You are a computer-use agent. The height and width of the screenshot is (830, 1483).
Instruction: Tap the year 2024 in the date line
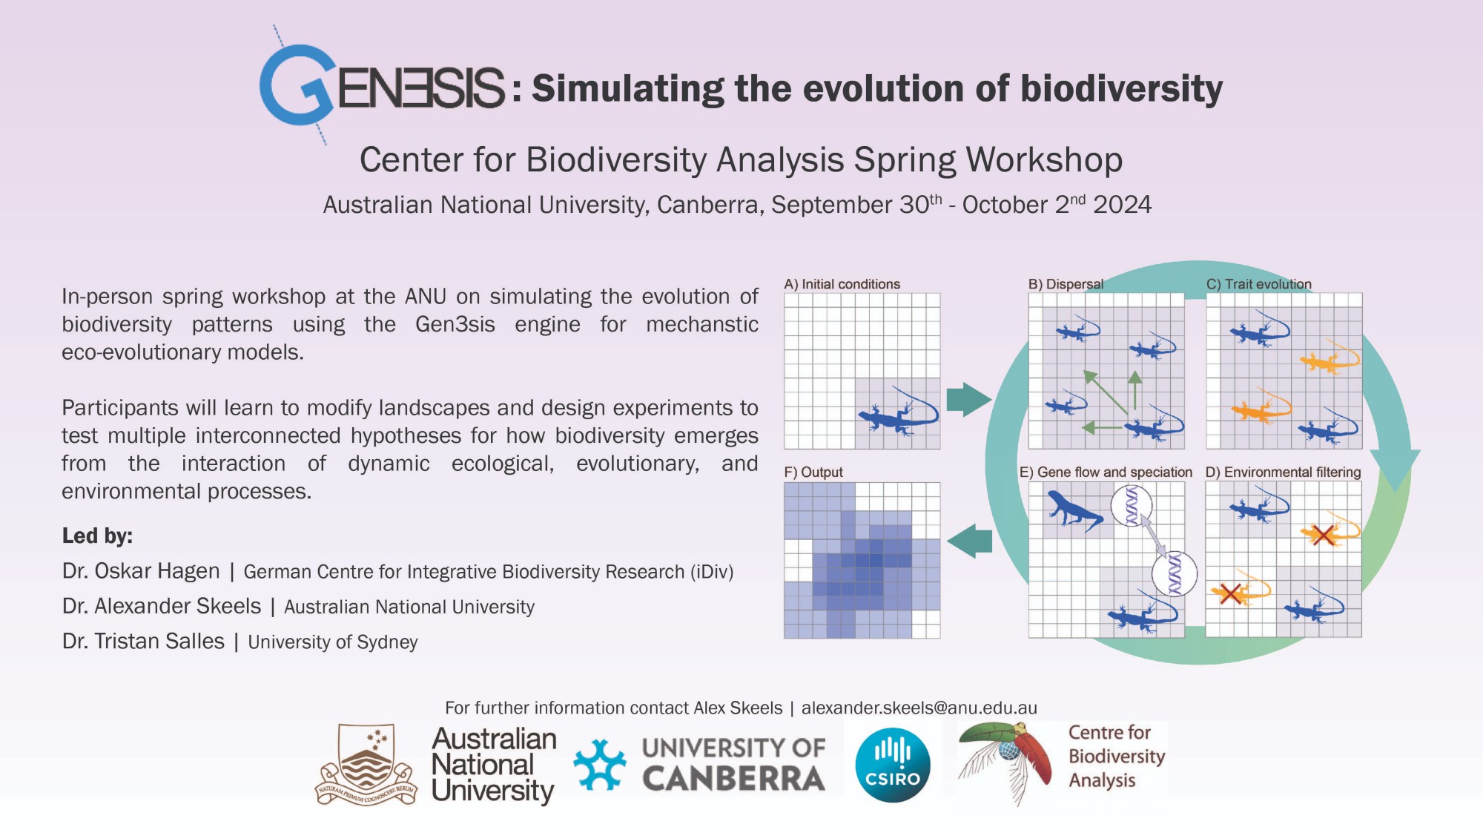pos(1123,205)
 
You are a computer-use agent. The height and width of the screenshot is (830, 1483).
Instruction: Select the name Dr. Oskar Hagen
pos(141,571)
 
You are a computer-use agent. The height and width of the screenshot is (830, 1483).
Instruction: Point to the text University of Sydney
pos(333,642)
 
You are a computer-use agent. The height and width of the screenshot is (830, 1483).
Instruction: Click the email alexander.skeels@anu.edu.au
pos(919,708)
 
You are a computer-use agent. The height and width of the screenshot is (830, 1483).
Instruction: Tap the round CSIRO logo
pos(892,765)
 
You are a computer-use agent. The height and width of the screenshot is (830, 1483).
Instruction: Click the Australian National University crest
pos(367,765)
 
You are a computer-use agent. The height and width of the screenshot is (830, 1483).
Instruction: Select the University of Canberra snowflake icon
pos(600,765)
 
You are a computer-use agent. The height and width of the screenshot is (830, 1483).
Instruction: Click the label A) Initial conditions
pos(842,284)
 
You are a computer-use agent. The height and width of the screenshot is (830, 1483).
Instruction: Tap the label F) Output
pos(813,472)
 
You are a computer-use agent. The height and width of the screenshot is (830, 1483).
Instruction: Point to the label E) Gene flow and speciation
pos(1106,472)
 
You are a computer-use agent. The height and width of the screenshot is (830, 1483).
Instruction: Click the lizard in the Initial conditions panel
pos(898,412)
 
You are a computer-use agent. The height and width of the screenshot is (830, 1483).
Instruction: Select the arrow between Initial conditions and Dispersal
pos(968,400)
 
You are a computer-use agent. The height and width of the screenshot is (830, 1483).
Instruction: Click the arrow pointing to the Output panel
pos(970,541)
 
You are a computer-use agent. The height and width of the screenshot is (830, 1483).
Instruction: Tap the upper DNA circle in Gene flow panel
pos(1132,505)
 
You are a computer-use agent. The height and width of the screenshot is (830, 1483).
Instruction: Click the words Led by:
pos(97,536)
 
